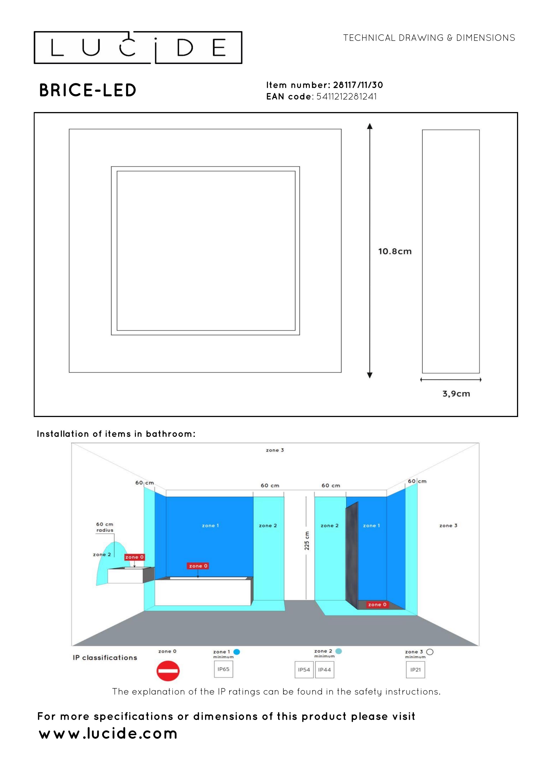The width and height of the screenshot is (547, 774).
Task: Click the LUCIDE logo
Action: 138,47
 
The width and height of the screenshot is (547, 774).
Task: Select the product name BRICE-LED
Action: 88,90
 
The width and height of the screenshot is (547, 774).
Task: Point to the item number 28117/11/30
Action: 358,85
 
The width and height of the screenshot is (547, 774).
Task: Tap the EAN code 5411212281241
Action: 347,96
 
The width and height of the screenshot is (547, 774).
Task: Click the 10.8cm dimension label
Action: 395,252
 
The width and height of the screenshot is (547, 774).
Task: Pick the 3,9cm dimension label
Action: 456,394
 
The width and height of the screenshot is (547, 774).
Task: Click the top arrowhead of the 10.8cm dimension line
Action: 370,126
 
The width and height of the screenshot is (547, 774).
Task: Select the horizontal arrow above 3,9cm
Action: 451,379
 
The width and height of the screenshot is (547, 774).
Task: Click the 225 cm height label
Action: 307,541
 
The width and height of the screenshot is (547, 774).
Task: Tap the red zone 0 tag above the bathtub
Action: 198,566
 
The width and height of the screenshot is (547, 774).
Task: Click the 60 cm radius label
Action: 105,527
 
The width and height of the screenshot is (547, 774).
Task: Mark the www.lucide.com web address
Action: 108,734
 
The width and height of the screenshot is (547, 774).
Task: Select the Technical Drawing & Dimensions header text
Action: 429,38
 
